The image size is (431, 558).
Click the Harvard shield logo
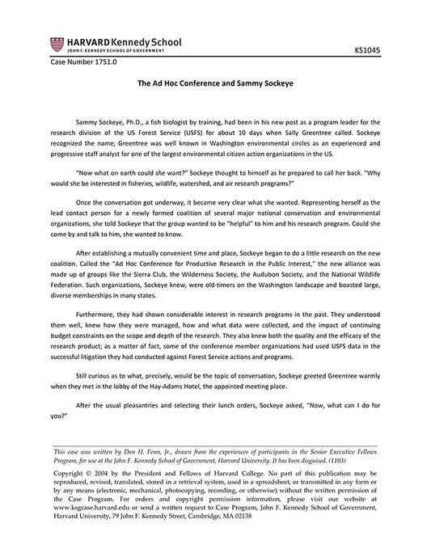coord(55,43)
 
